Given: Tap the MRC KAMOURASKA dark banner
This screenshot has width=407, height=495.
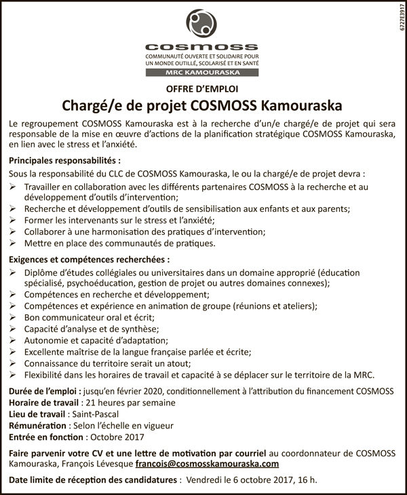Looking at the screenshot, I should coord(203,71).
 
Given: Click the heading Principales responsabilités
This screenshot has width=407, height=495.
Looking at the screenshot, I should coord(65,162).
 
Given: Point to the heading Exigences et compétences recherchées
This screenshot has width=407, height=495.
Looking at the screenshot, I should coord(89,259).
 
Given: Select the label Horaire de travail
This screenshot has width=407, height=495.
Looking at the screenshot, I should coord(47,403).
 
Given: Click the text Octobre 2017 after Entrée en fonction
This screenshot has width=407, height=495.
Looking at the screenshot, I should coord(117,437).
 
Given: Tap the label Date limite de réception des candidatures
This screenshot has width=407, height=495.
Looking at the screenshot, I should coord(94,481).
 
